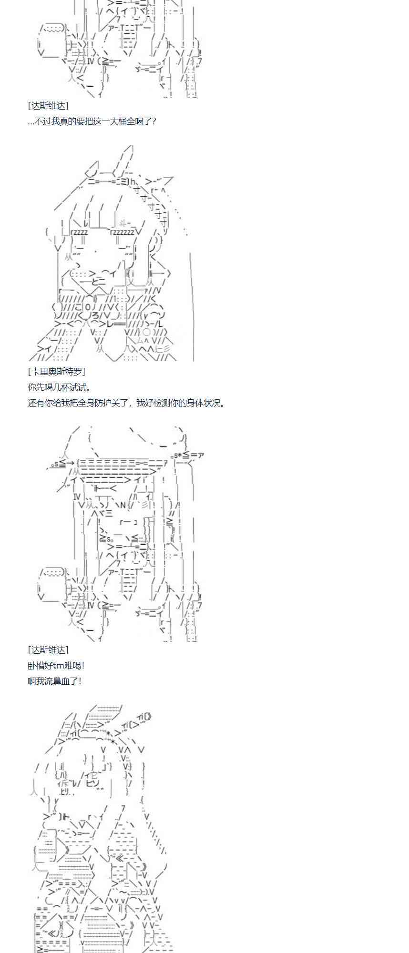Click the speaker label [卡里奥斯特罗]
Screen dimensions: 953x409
(56, 372)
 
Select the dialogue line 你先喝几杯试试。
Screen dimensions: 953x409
(60, 387)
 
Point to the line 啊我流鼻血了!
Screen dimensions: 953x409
(54, 681)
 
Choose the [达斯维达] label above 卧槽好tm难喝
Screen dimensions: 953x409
(48, 650)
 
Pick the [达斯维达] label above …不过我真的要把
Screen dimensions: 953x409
(48, 106)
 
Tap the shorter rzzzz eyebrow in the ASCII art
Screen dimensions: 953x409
(79, 232)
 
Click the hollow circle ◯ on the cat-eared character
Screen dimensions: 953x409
(147, 332)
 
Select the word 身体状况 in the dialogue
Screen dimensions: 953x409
(205, 403)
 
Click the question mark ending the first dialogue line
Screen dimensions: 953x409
(153, 122)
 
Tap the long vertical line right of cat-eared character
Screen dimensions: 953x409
(192, 305)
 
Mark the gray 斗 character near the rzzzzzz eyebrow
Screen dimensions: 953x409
(123, 222)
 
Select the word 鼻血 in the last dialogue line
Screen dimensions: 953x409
(59, 681)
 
